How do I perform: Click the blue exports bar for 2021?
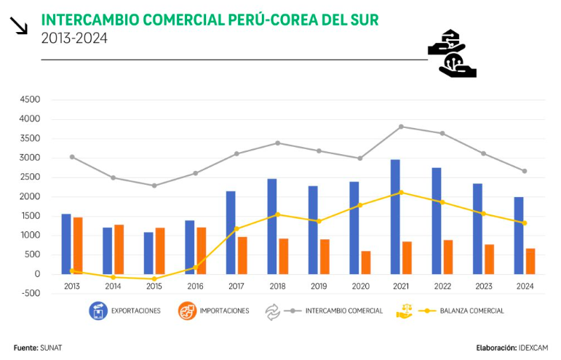[395, 217]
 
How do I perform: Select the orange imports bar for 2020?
[366, 263]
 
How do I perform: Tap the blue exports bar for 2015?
[148, 253]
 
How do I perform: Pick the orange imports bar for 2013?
[78, 245]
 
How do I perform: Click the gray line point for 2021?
[401, 127]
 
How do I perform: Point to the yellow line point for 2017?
[236, 228]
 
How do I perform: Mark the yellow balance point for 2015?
[154, 279]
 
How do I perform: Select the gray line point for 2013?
[72, 156]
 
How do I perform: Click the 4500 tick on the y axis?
[30, 100]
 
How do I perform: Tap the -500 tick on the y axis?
[30, 294]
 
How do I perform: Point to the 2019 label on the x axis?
[319, 287]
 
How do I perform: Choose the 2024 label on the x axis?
[525, 287]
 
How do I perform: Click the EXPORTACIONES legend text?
[135, 311]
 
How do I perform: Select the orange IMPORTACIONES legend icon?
[188, 311]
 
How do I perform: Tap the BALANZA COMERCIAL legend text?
[472, 311]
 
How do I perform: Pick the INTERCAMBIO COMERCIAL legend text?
[344, 311]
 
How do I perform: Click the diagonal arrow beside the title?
[19, 26]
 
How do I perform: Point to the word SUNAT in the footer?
[52, 348]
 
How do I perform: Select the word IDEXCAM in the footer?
[533, 348]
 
